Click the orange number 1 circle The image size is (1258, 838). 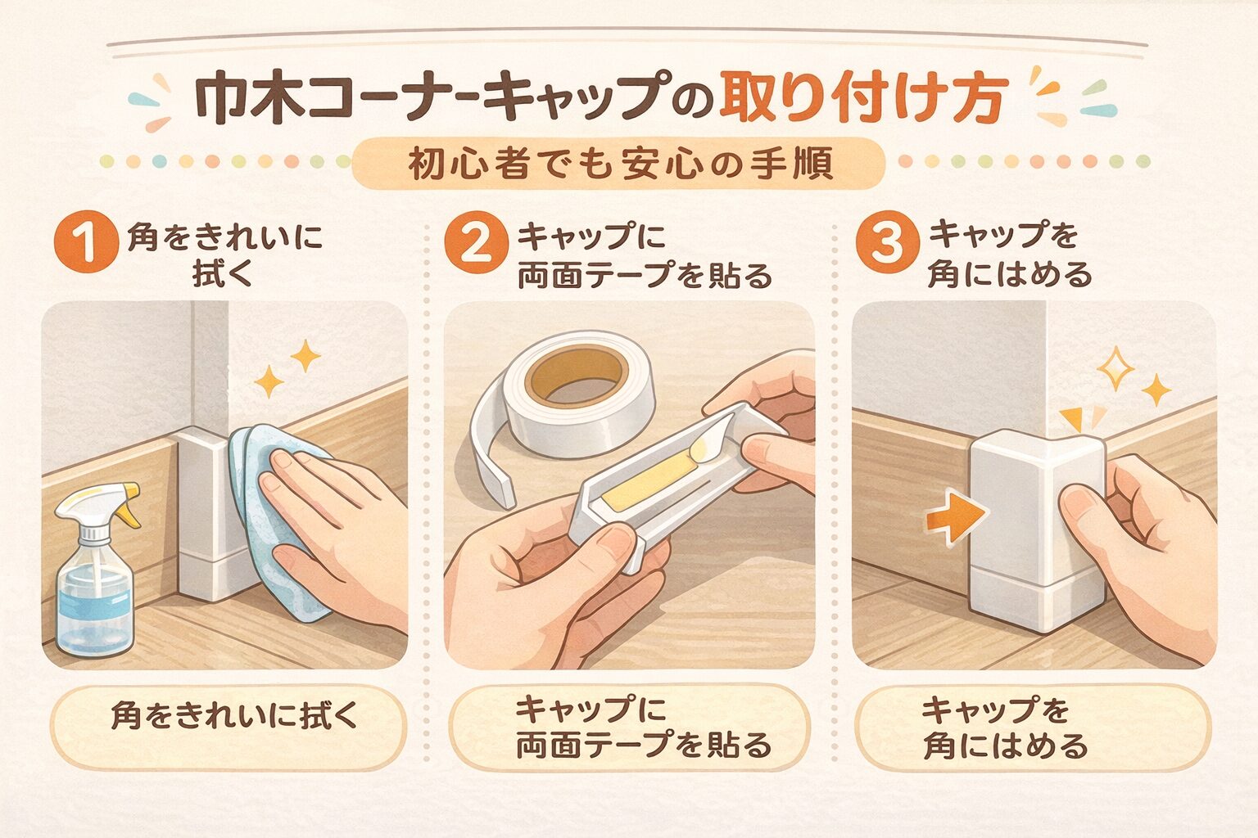coord(87,242)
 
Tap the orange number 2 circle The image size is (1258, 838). coord(476,242)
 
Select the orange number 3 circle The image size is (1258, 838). coord(887,242)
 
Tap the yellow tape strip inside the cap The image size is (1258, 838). coord(651,478)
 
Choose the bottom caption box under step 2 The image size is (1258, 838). coord(630,727)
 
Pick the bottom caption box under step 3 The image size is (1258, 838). coord(1034,727)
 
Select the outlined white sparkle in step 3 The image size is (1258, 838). coord(1115,367)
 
